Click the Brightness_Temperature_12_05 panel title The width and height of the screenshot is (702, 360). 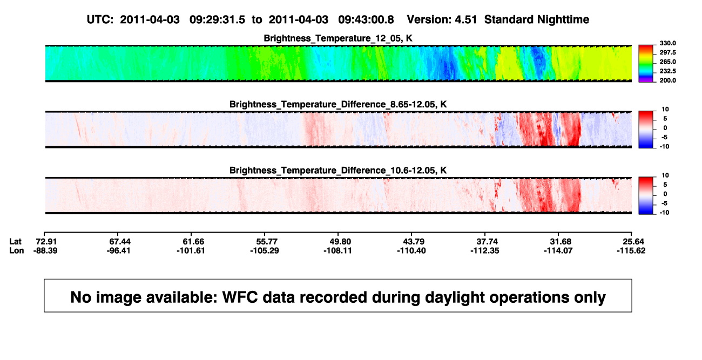pos(338,38)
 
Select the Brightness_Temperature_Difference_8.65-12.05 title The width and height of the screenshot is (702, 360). pos(338,104)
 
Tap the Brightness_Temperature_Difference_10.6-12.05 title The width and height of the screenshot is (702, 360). pos(338,171)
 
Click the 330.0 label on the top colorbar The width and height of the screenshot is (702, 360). pos(667,43)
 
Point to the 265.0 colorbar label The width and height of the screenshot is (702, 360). pos(667,62)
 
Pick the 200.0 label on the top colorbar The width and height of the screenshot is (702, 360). pos(667,80)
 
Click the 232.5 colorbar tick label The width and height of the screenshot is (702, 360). pos(667,71)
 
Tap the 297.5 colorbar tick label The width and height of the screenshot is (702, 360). pos(667,52)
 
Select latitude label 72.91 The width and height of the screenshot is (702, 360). pos(46,242)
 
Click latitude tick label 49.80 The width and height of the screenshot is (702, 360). pos(340,242)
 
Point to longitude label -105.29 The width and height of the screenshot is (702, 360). pos(265,250)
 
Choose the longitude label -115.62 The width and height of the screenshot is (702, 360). pos(631,250)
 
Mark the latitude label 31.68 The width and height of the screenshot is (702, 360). pos(561,242)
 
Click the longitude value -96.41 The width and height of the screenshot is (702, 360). pos(118,250)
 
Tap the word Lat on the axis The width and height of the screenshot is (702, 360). pos(15,242)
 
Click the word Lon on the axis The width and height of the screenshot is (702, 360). pos(17,250)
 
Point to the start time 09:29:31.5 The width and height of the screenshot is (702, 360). pos(217,20)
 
